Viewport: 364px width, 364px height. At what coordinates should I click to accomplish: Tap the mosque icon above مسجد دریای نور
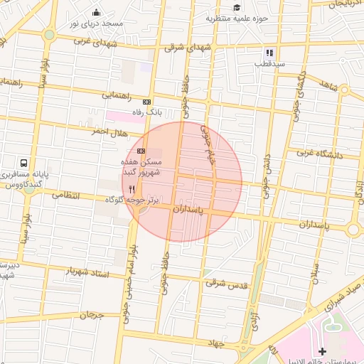(97, 12)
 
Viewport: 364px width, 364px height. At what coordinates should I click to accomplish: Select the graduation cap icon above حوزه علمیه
(236, 8)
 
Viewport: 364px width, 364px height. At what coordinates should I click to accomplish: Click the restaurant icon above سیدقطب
(269, 52)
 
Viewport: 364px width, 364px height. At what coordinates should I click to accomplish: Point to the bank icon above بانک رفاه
(146, 102)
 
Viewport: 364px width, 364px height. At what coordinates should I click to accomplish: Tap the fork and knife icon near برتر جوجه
(132, 189)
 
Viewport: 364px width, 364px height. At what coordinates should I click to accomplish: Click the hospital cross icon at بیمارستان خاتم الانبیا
(323, 351)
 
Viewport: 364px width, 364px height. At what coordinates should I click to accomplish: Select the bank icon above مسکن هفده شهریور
(141, 151)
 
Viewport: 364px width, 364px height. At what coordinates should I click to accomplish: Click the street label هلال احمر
(109, 132)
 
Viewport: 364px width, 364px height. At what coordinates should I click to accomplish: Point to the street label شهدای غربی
(92, 41)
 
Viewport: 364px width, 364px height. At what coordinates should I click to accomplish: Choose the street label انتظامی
(65, 194)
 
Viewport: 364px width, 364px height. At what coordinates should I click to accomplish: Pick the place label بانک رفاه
(148, 113)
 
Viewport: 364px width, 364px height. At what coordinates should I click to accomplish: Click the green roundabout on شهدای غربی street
(49, 34)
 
